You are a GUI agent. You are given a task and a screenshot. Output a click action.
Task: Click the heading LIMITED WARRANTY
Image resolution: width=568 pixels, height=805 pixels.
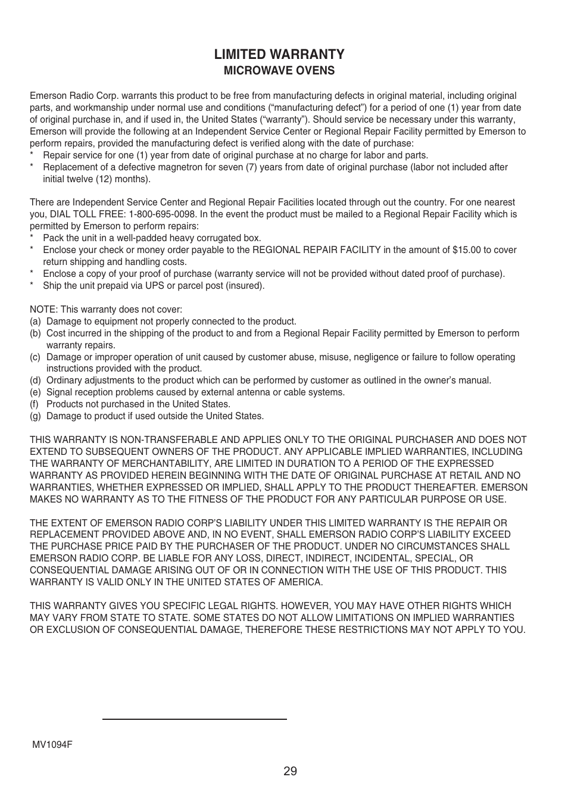pyautogui.click(x=279, y=54)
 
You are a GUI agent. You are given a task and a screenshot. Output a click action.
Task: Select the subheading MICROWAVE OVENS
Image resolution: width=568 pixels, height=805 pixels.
pyautogui.click(x=279, y=71)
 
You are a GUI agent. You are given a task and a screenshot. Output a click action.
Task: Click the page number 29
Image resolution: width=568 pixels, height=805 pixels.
pyautogui.click(x=290, y=772)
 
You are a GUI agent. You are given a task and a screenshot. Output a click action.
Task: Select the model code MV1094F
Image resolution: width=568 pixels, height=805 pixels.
pyautogui.click(x=52, y=745)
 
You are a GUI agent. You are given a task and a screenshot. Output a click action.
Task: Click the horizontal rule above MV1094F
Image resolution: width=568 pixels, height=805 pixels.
pyautogui.click(x=194, y=719)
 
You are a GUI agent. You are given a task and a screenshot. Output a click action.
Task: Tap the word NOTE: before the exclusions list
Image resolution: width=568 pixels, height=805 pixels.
pyautogui.click(x=42, y=310)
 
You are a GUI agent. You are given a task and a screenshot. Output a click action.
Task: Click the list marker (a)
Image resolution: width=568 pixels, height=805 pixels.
pyautogui.click(x=36, y=322)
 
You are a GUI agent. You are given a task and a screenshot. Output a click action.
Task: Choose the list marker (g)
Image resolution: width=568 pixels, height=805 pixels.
pyautogui.click(x=36, y=416)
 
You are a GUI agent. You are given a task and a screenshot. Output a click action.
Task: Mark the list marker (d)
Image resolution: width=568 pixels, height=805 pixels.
pyautogui.click(x=36, y=380)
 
